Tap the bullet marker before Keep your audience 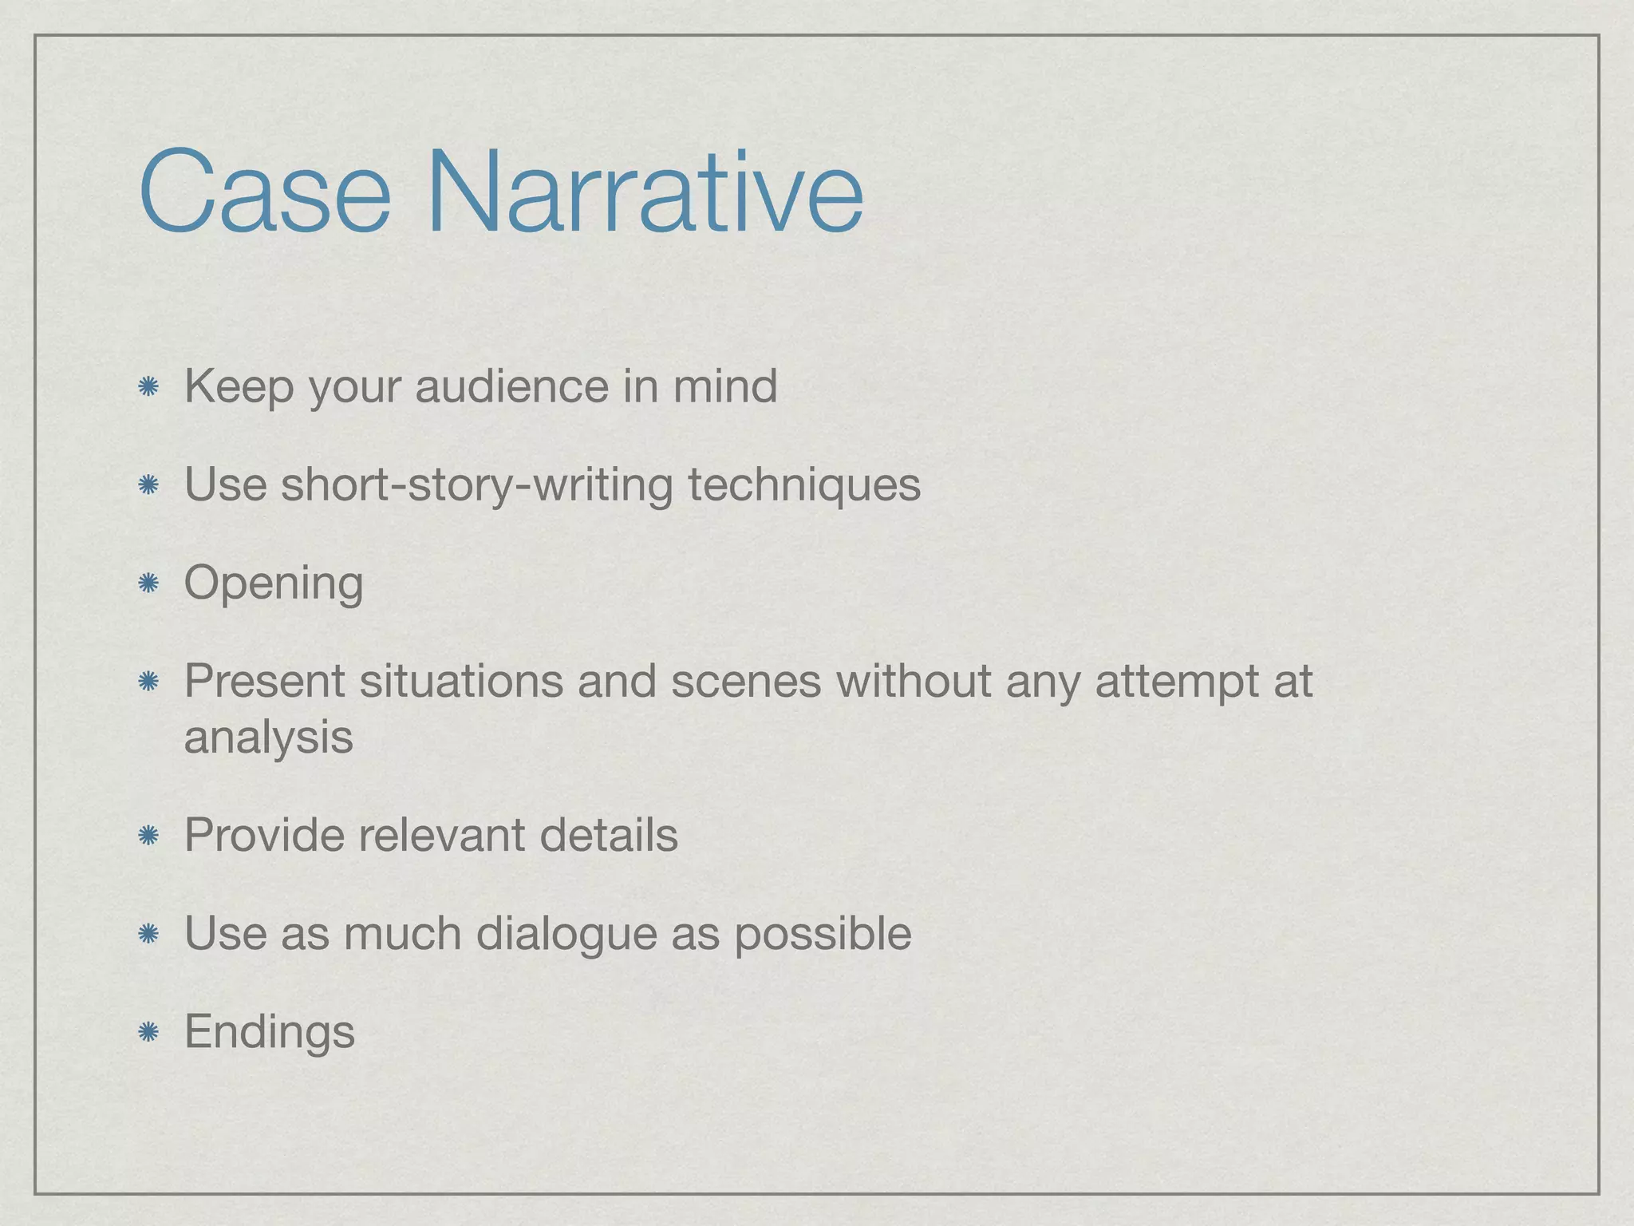point(148,388)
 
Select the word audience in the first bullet point(511,386)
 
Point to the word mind point(724,386)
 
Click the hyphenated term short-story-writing point(477,485)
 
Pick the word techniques point(804,485)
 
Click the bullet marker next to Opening point(148,584)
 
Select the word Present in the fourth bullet point(264,682)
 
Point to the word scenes point(745,682)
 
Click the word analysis point(268,738)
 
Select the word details point(608,835)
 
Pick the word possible point(823,934)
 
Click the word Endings point(269,1032)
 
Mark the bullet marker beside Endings point(148,1032)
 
